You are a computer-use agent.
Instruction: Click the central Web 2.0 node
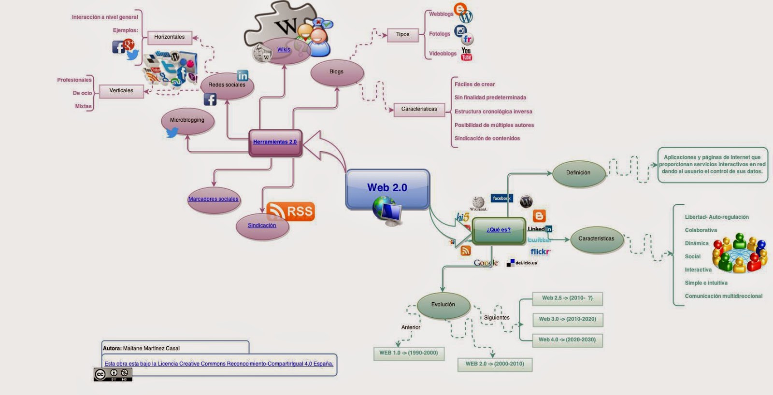pyautogui.click(x=387, y=188)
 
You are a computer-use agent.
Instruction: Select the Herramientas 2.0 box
pyautogui.click(x=275, y=142)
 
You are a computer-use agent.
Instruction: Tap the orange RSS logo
pyautogui.click(x=291, y=212)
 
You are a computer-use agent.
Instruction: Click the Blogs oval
pyautogui.click(x=337, y=72)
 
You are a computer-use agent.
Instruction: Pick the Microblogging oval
pyautogui.click(x=187, y=120)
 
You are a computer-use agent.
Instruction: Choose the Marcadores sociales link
pyautogui.click(x=213, y=199)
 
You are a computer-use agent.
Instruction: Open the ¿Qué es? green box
pyautogui.click(x=498, y=230)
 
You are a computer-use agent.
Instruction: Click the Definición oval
pyautogui.click(x=578, y=173)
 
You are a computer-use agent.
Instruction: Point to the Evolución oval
pyautogui.click(x=443, y=305)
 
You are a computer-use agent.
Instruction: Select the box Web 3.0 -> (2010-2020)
pyautogui.click(x=567, y=319)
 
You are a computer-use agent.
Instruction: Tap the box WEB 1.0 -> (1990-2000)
pyautogui.click(x=408, y=353)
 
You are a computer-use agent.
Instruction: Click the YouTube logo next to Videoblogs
pyautogui.click(x=466, y=54)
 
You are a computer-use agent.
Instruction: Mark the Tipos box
pyautogui.click(x=402, y=35)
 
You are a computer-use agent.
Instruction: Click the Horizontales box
pyautogui.click(x=169, y=37)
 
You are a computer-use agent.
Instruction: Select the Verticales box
pyautogui.click(x=121, y=91)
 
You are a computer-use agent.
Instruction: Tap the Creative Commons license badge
pyautogui.click(x=113, y=374)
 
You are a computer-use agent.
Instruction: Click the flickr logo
pyautogui.click(x=540, y=252)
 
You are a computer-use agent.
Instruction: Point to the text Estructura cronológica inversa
pyautogui.click(x=493, y=112)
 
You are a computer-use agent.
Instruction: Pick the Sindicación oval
pyautogui.click(x=262, y=226)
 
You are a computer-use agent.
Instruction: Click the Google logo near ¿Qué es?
pyautogui.click(x=486, y=263)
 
